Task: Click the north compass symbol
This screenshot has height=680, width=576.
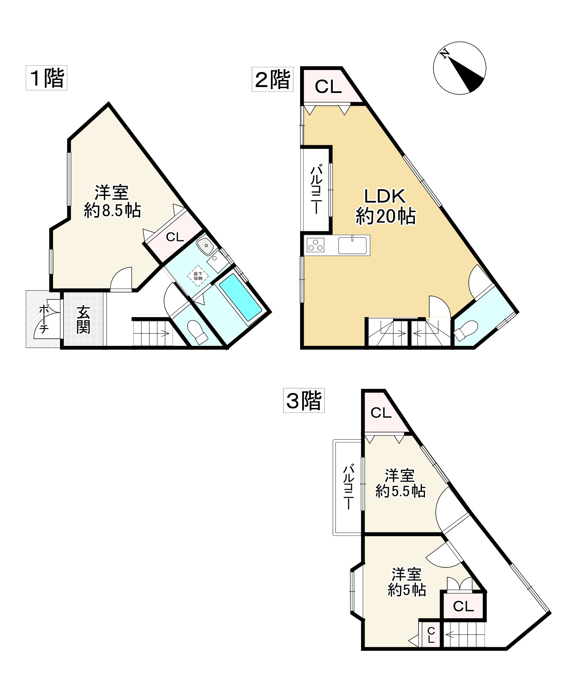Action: pyautogui.click(x=459, y=68)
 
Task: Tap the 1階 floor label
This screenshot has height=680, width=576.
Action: pyautogui.click(x=46, y=78)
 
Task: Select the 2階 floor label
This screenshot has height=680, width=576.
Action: pyautogui.click(x=272, y=80)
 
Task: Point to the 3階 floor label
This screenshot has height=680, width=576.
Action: pyautogui.click(x=304, y=401)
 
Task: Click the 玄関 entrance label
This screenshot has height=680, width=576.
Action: pyautogui.click(x=83, y=319)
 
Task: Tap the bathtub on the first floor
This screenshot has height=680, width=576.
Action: pyautogui.click(x=240, y=297)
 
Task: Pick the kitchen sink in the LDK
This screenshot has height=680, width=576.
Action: pyautogui.click(x=353, y=245)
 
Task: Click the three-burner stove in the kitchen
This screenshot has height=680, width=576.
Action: pyautogui.click(x=316, y=245)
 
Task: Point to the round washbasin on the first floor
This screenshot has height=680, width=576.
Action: pyautogui.click(x=204, y=245)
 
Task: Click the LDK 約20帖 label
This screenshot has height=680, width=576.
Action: pyautogui.click(x=385, y=207)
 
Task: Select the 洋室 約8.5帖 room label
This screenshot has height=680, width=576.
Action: pyautogui.click(x=112, y=201)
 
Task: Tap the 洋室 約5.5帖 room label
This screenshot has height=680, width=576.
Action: pyautogui.click(x=400, y=483)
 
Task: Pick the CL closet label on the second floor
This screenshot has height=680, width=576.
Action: pyautogui.click(x=328, y=87)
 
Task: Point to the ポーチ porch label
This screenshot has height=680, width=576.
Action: pyautogui.click(x=44, y=319)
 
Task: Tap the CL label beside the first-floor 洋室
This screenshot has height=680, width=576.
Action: pyautogui.click(x=175, y=237)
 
